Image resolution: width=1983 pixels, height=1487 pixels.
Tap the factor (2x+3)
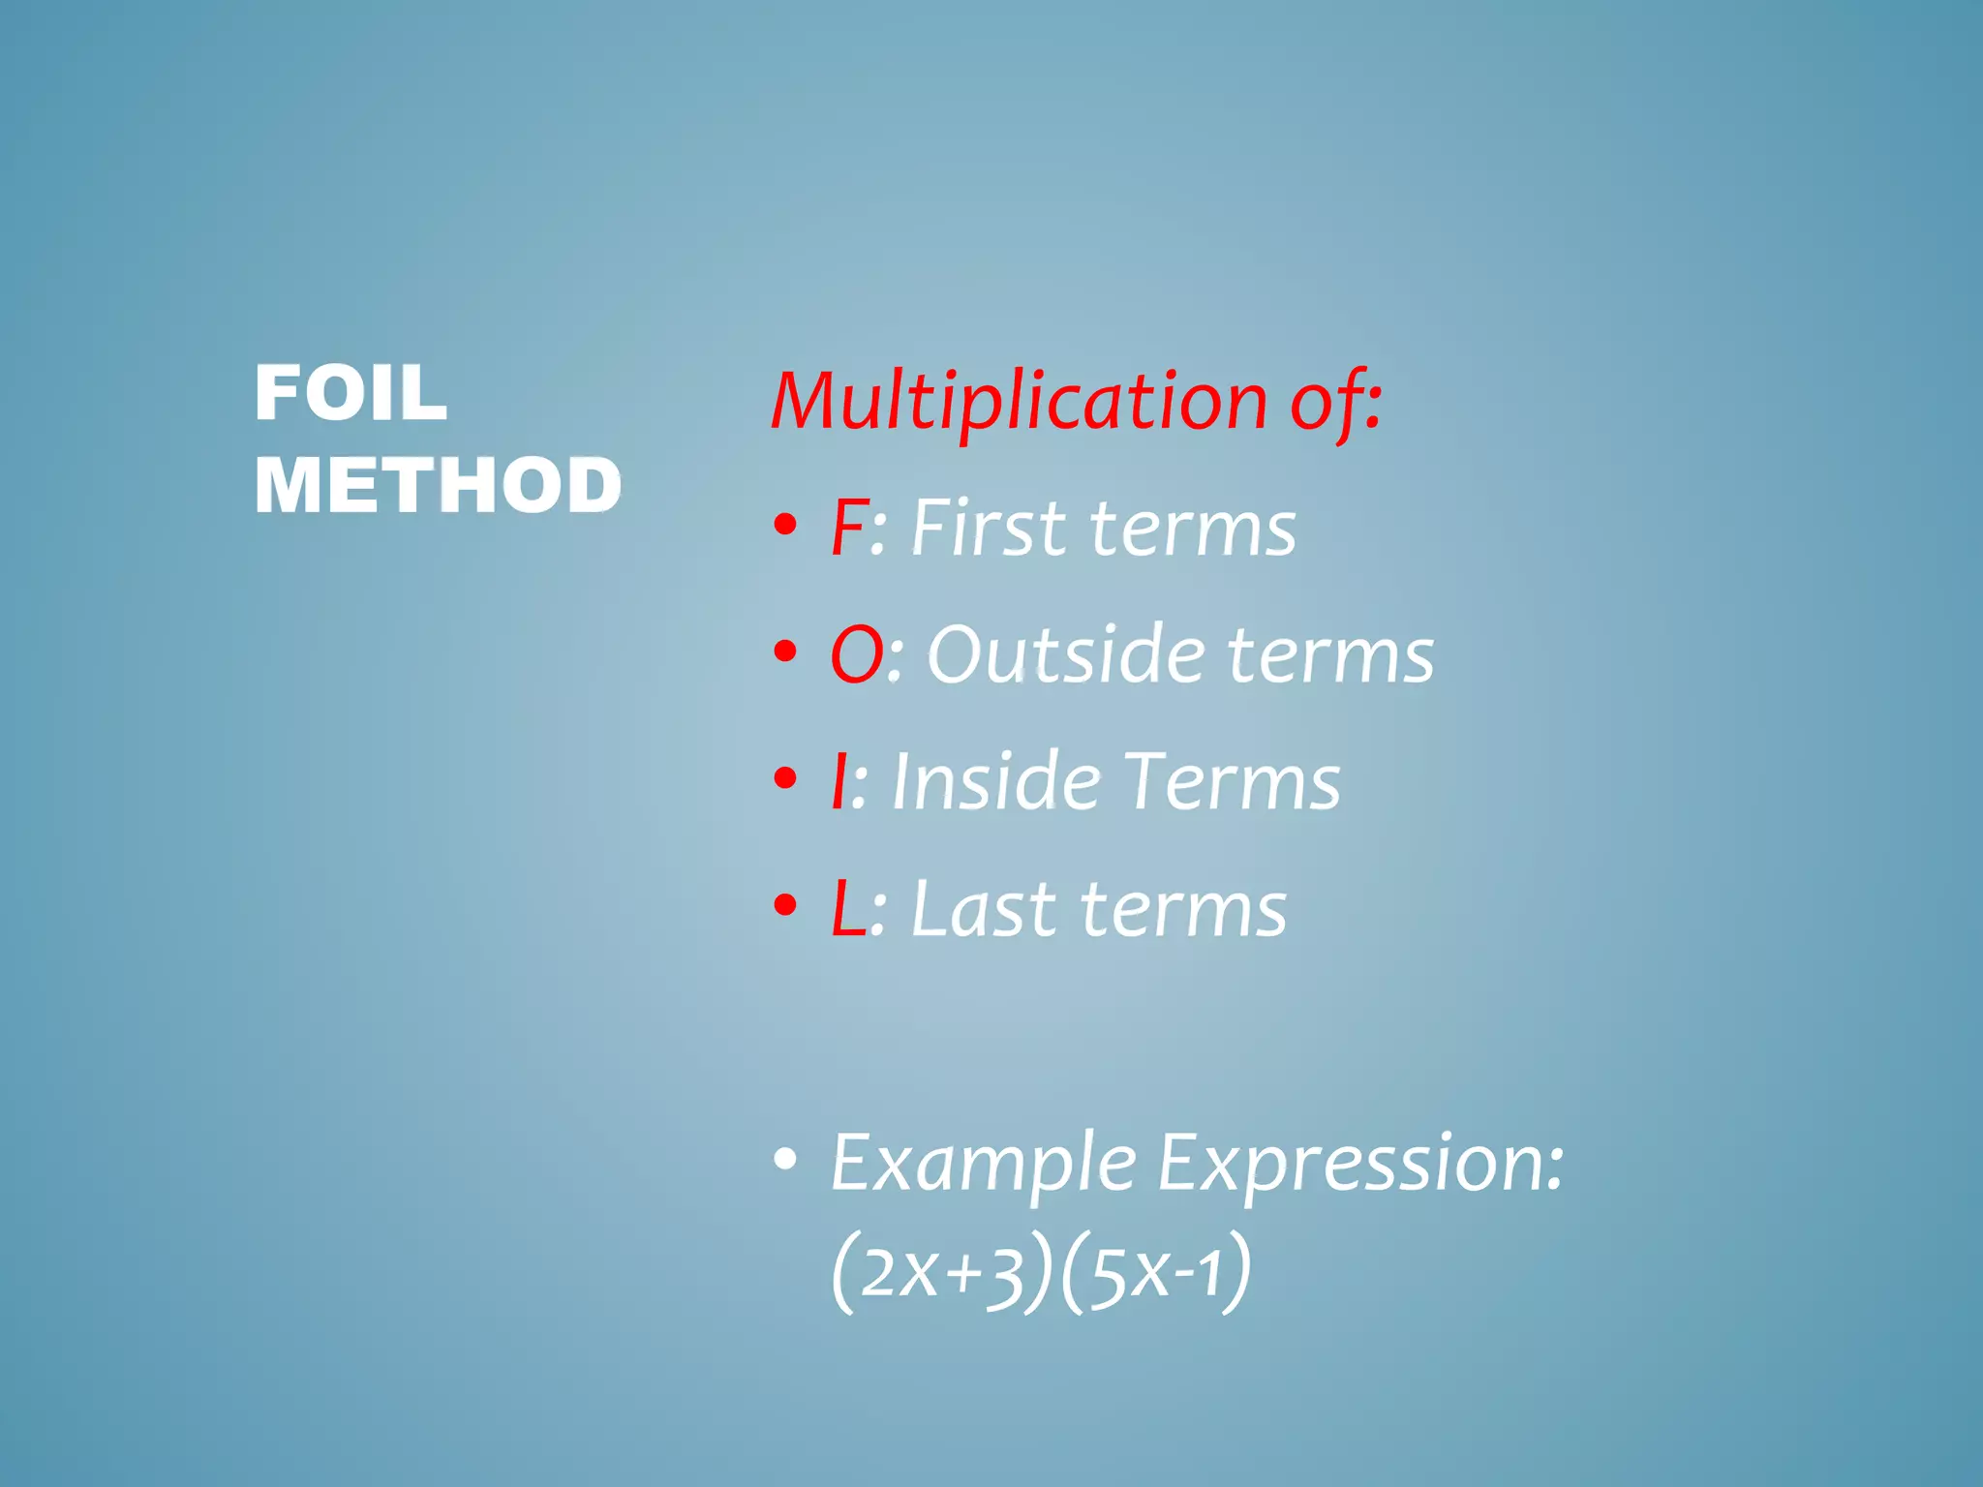point(941,1272)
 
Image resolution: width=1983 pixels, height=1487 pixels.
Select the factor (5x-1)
point(1155,1272)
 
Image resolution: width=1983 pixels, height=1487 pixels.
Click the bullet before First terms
point(785,526)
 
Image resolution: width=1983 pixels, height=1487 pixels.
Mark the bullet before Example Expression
point(785,1159)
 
